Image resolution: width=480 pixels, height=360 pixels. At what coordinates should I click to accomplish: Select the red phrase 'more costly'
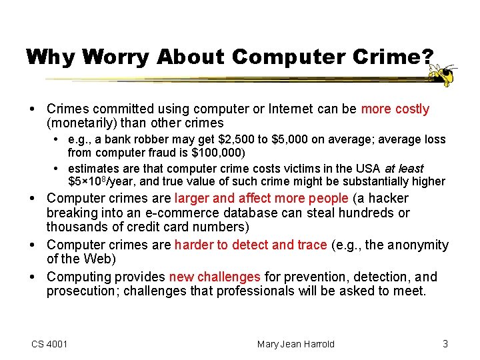pyautogui.click(x=395, y=109)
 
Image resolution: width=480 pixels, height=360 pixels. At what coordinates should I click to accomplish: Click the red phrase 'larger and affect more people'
pyautogui.click(x=261, y=198)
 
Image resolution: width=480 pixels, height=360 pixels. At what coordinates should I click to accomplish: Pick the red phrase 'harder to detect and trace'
pyautogui.click(x=251, y=245)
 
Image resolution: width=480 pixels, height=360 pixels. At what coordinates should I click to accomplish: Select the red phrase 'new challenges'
pyautogui.click(x=215, y=277)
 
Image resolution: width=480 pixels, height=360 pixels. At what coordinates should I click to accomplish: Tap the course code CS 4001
pyautogui.click(x=49, y=344)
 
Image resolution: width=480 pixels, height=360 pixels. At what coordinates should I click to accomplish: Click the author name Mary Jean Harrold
pyautogui.click(x=296, y=344)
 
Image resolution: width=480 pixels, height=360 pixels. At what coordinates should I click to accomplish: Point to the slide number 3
pyautogui.click(x=445, y=344)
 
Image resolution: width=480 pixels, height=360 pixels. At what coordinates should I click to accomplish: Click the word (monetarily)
pyautogui.click(x=83, y=123)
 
